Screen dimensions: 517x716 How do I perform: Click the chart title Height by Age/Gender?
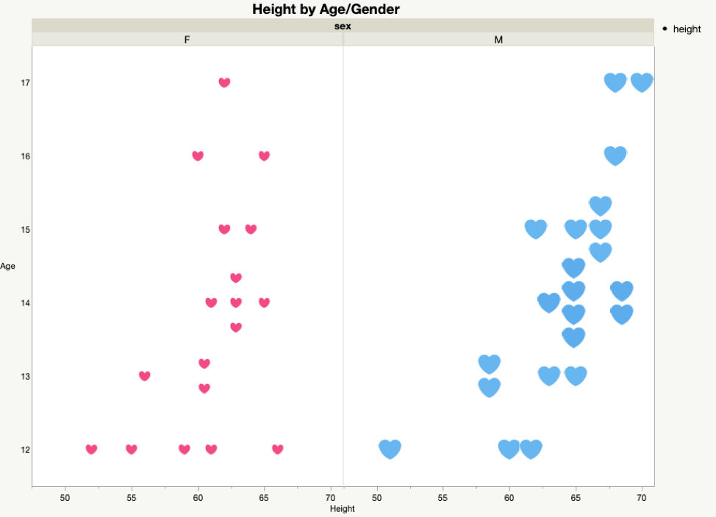[326, 10]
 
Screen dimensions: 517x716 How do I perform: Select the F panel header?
[187, 40]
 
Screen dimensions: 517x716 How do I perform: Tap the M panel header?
[498, 40]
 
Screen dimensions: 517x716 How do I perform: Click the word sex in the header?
[343, 26]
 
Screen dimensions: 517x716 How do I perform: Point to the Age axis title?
[8, 266]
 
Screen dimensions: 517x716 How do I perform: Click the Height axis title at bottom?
[343, 508]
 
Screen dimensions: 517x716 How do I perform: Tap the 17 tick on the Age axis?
[26, 83]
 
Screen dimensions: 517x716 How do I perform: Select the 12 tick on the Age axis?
[26, 449]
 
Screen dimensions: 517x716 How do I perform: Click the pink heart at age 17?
[224, 82]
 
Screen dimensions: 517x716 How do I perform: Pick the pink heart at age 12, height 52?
[91, 449]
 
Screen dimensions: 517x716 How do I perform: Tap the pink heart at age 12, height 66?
[277, 449]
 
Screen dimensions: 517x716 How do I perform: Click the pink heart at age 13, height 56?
[145, 376]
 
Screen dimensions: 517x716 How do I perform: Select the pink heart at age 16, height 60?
[198, 156]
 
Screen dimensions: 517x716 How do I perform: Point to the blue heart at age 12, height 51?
[390, 448]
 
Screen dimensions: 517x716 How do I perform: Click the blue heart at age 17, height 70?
[642, 82]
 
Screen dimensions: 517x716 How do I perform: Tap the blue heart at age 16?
[615, 156]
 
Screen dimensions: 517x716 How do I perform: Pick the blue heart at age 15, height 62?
[537, 228]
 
